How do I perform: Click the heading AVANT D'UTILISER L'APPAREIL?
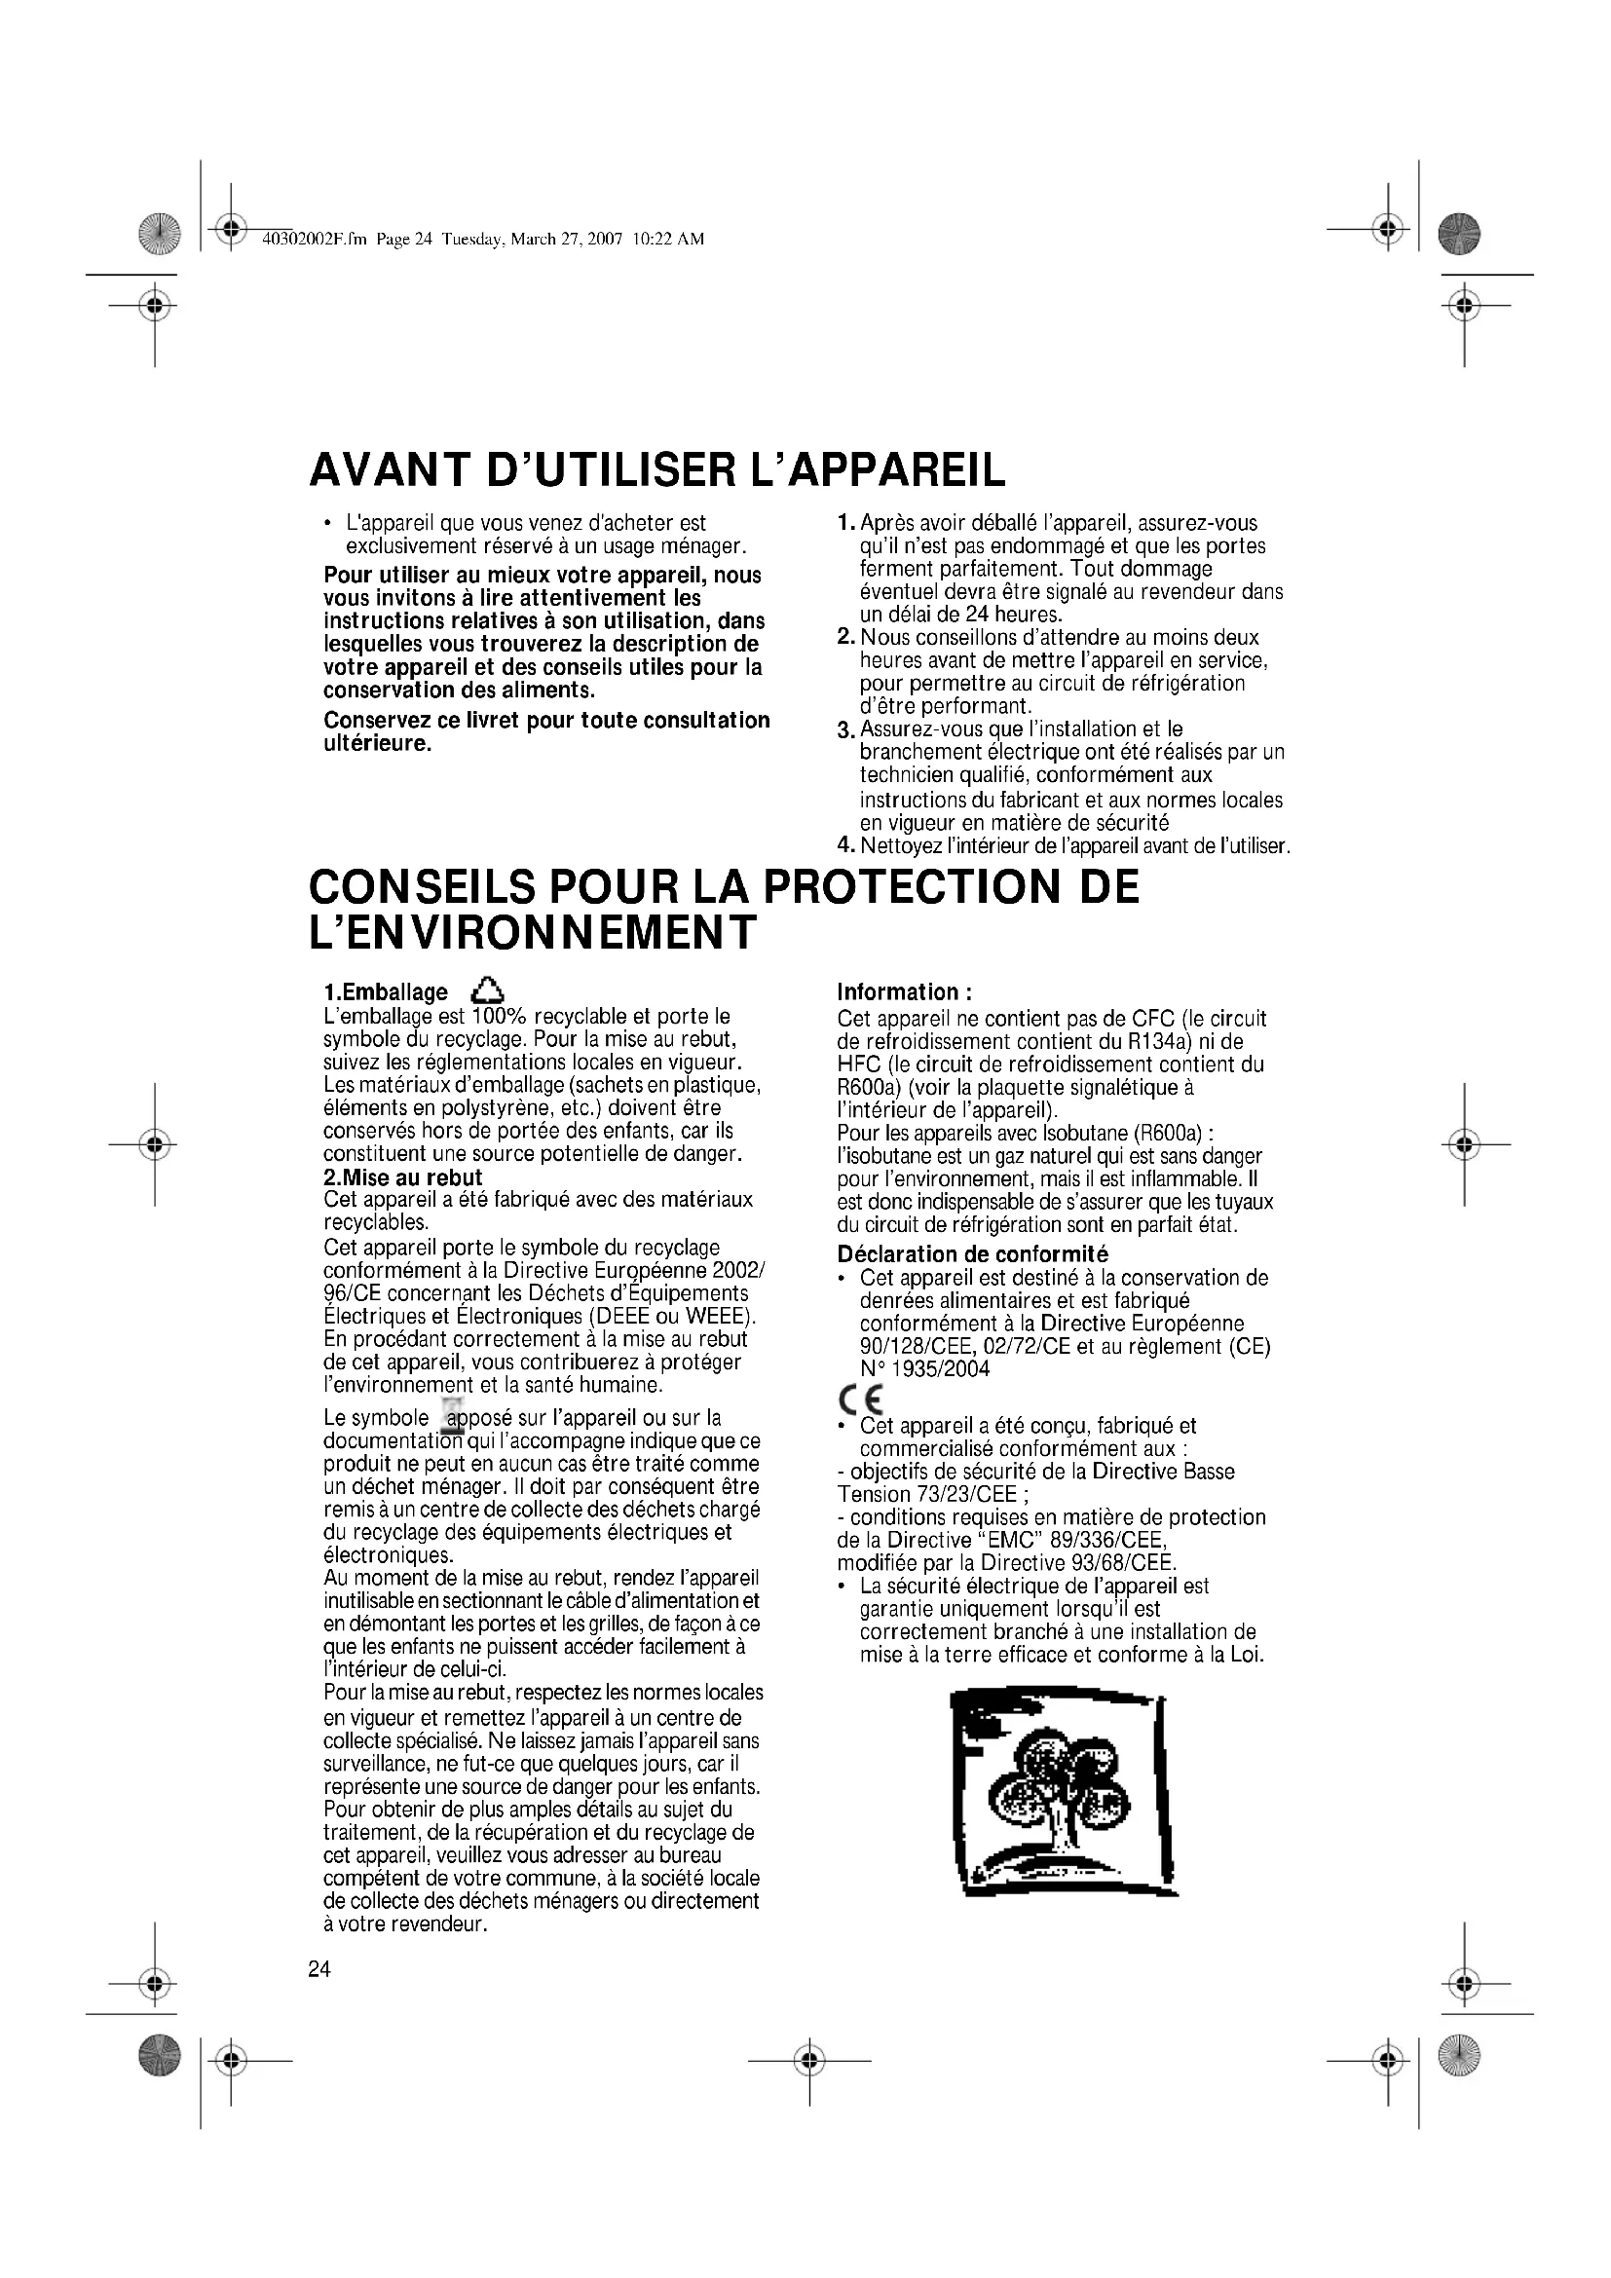click(x=656, y=469)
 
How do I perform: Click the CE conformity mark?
click(x=859, y=1398)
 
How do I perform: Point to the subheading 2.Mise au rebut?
click(x=403, y=1177)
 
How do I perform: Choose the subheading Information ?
click(x=904, y=992)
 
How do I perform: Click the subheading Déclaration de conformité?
click(x=972, y=1254)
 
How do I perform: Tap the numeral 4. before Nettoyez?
click(x=845, y=845)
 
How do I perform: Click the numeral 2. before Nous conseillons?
click(x=845, y=637)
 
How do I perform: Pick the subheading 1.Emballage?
click(x=386, y=992)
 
